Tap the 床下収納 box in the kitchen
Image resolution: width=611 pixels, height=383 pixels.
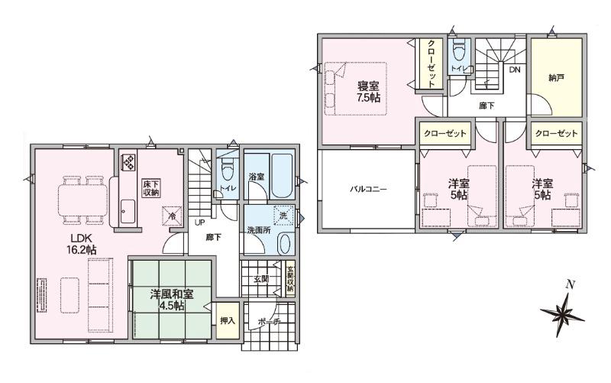pyautogui.click(x=151, y=188)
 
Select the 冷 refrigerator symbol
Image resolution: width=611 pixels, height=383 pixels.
pyautogui.click(x=172, y=216)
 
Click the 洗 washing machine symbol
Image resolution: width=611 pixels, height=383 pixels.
pyautogui.click(x=283, y=216)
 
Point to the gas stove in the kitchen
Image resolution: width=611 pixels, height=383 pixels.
pyautogui.click(x=129, y=163)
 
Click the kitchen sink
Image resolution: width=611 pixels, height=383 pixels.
pyautogui.click(x=128, y=212)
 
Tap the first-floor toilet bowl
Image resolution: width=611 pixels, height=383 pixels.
pyautogui.click(x=227, y=169)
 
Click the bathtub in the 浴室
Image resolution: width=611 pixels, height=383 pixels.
pyautogui.click(x=281, y=176)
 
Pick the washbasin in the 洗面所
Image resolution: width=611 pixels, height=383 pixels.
pyautogui.click(x=284, y=244)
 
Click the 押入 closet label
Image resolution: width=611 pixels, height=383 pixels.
pyautogui.click(x=228, y=320)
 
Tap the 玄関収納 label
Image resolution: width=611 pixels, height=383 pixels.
pyautogui.click(x=290, y=279)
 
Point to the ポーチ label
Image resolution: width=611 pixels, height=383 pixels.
pyautogui.click(x=269, y=322)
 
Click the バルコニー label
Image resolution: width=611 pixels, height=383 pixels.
pyautogui.click(x=367, y=190)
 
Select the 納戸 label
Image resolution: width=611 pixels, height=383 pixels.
pyautogui.click(x=556, y=78)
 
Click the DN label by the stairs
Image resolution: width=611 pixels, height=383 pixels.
pyautogui.click(x=515, y=70)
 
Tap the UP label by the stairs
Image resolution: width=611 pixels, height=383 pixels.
pyautogui.click(x=200, y=223)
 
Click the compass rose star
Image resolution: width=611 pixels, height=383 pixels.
pyautogui.click(x=562, y=313)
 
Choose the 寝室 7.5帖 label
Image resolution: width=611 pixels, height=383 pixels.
pyautogui.click(x=368, y=92)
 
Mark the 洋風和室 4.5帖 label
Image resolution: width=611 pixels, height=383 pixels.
pyautogui.click(x=171, y=300)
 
